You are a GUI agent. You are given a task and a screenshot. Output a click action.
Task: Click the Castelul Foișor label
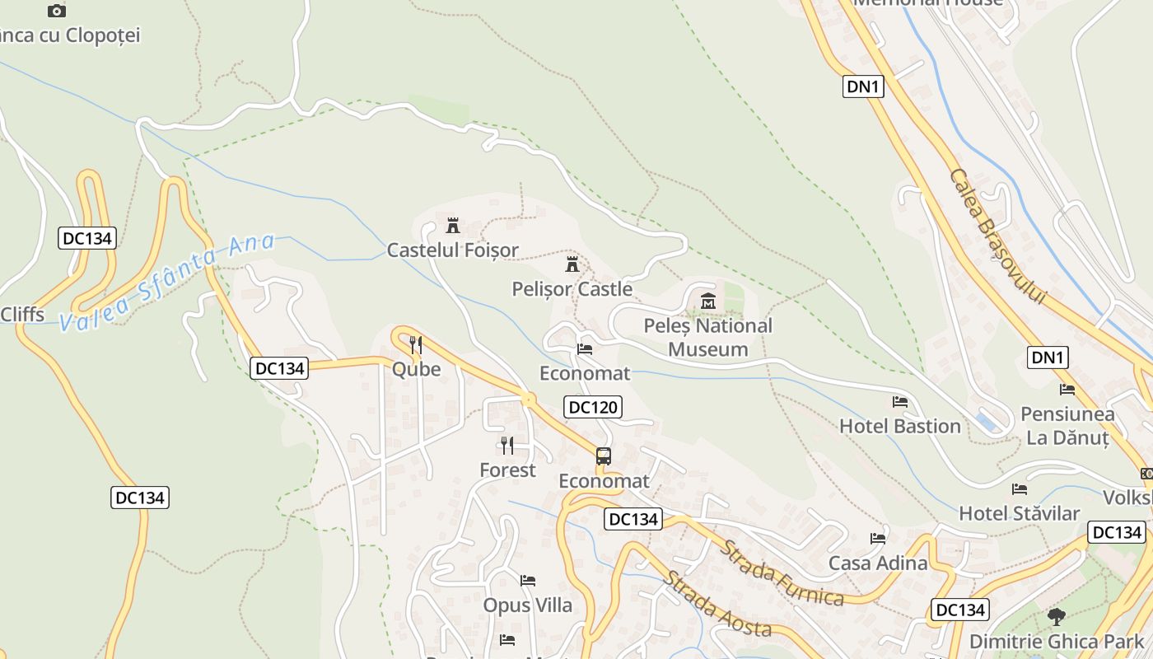click(453, 250)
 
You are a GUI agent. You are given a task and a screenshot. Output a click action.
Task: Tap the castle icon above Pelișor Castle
click(572, 264)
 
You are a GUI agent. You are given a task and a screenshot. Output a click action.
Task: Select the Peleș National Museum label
click(707, 337)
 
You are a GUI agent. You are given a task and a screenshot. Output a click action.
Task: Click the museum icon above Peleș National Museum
click(708, 301)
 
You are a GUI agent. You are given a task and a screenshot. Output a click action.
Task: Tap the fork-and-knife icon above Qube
click(416, 345)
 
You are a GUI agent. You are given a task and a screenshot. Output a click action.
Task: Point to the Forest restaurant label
click(507, 470)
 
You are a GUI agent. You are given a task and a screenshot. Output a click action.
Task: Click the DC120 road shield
click(593, 406)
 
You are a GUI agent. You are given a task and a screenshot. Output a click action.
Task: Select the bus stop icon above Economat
click(604, 456)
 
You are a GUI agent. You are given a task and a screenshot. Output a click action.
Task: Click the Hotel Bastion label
click(899, 426)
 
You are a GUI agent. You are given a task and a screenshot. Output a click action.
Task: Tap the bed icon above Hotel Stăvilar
click(1020, 489)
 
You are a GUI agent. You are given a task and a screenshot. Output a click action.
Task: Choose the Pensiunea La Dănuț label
click(1067, 426)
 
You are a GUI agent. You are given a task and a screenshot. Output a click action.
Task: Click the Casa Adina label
click(878, 563)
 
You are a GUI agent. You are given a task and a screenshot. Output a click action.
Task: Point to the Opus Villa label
click(527, 605)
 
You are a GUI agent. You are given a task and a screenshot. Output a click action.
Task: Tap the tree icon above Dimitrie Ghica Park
click(1056, 616)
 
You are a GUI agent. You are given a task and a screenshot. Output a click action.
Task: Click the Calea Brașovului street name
click(997, 236)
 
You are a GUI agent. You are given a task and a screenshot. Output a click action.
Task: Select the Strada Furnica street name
click(782, 573)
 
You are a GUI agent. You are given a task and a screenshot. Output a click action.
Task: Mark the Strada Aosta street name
click(717, 604)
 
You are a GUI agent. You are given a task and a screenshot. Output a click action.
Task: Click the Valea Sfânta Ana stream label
click(168, 282)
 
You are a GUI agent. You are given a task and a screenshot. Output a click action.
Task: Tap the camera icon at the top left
click(56, 11)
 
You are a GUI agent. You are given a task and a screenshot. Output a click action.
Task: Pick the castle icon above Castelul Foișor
click(452, 225)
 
